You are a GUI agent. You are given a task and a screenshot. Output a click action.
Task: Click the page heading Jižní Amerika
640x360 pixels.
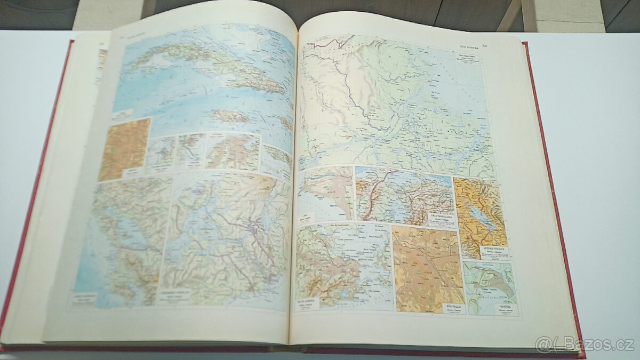[461, 46]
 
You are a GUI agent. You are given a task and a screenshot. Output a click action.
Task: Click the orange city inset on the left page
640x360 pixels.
[124, 149]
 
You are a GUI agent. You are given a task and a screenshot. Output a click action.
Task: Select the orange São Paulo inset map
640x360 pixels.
[427, 267]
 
